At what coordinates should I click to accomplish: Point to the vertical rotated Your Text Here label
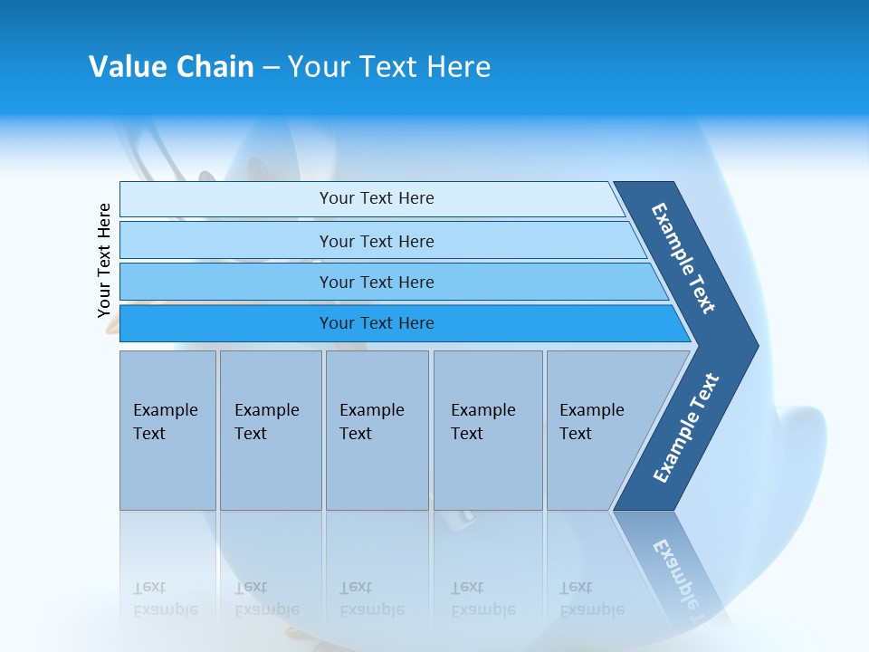point(104,261)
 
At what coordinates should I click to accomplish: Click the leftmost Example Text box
point(167,430)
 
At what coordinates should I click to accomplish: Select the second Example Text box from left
point(271,430)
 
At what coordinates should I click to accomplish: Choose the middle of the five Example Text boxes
point(377,430)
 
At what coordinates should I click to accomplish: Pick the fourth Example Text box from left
point(488,430)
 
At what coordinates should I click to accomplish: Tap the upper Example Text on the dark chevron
point(683,258)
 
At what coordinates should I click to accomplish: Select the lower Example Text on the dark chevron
point(685,428)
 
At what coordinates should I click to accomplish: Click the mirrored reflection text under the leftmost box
point(165,599)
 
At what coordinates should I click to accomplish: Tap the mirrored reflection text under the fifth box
point(591,599)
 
